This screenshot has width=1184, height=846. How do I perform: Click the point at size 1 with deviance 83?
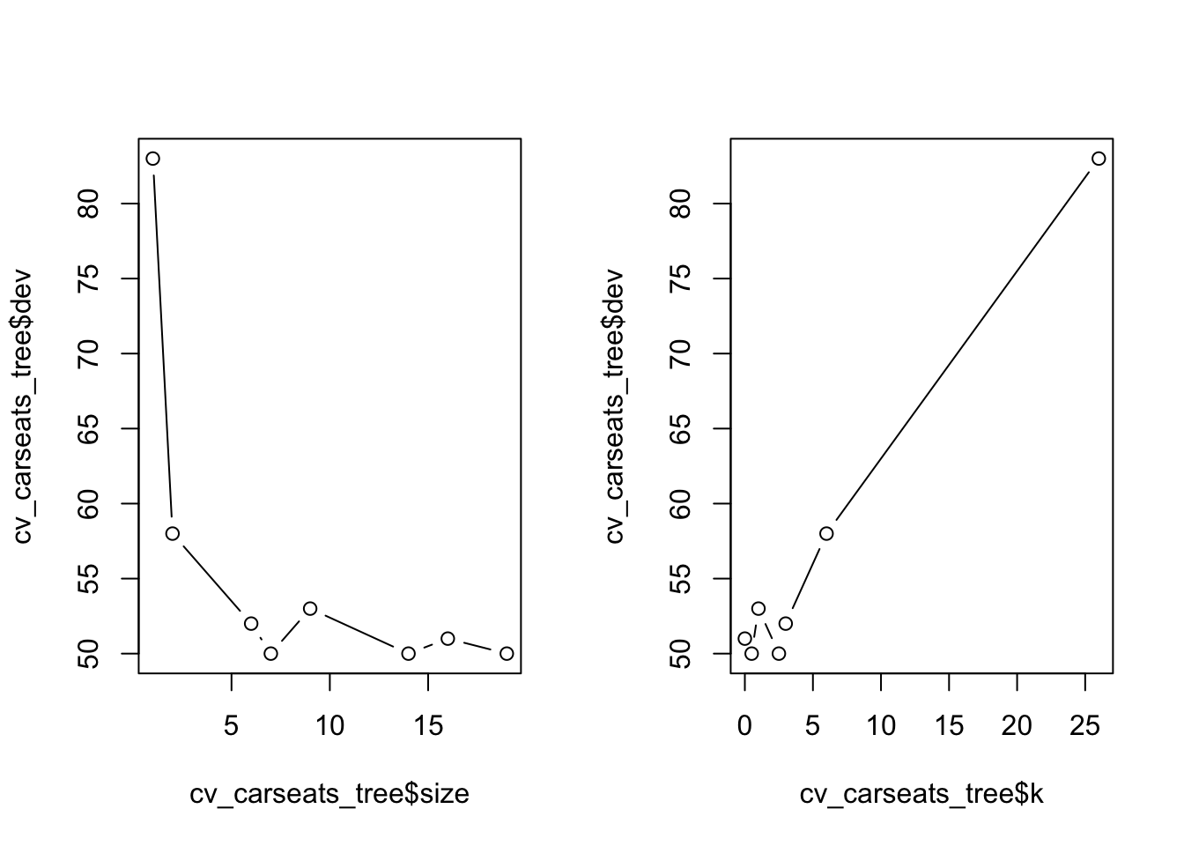(152, 159)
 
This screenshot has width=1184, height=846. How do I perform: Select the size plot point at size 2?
(173, 533)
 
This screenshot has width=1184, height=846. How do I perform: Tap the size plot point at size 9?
(310, 608)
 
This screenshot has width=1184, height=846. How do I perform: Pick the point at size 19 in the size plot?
(507, 653)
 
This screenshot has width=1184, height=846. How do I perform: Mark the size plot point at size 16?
(448, 638)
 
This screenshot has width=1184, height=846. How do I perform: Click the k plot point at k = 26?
(1099, 159)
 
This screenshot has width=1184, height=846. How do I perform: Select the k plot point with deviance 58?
(826, 533)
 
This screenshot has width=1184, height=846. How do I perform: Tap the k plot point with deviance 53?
(758, 608)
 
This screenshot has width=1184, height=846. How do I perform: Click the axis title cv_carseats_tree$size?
(329, 795)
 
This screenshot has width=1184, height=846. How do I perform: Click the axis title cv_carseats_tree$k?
(921, 795)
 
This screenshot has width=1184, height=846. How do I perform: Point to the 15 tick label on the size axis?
(428, 726)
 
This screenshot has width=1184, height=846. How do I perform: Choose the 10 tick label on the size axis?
(329, 726)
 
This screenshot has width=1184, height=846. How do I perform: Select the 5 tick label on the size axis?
(232, 726)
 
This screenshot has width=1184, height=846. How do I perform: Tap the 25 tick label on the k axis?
(1085, 726)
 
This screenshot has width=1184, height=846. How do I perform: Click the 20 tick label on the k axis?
(1017, 726)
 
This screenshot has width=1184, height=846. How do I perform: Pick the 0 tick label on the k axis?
(745, 726)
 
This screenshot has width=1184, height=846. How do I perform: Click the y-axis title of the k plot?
(614, 405)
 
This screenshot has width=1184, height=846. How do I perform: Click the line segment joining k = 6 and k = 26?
(962, 346)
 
